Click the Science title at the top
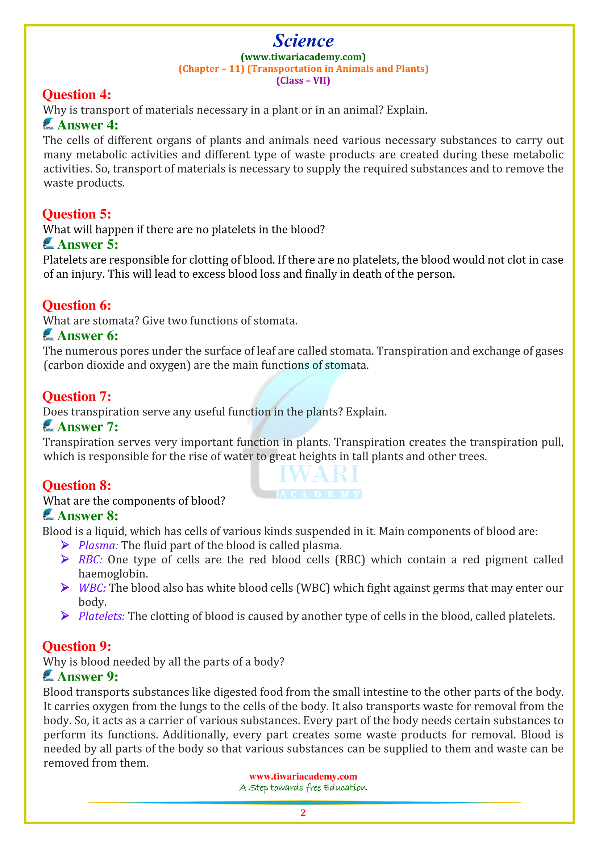303,41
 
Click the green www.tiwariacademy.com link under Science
303,57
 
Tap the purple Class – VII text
303,80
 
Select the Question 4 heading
77,95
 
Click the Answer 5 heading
88,244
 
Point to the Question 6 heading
77,305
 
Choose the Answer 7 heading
88,427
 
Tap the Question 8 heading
77,486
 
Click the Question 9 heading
77,646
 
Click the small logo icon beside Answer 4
49,124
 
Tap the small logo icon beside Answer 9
49,676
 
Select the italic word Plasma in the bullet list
98,546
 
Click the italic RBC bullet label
91,560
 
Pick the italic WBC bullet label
92,588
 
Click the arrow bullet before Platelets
65,616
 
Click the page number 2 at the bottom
303,813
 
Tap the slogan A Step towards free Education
303,788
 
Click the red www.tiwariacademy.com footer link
303,776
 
